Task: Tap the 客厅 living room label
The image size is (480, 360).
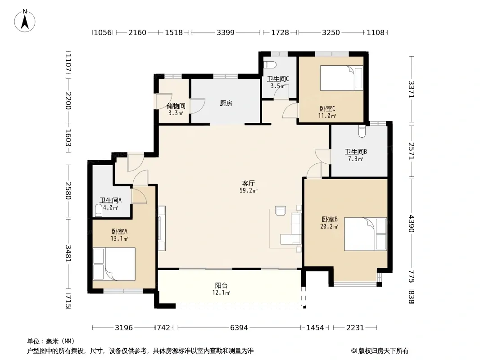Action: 248,184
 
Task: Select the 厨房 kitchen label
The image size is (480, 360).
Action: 226,103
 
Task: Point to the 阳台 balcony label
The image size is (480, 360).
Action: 221,286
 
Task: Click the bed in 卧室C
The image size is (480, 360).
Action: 342,78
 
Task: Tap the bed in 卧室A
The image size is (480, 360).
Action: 114,264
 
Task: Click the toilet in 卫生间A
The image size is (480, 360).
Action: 99,211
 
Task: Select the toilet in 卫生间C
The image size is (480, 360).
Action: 270,65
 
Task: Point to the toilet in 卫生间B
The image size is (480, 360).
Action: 362,131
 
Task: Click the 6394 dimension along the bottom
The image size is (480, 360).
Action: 239,328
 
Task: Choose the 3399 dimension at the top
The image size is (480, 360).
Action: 226,32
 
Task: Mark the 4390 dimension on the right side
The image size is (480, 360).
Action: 412,224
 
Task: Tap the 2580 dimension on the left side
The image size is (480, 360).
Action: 68,190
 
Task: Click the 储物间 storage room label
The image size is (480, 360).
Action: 176,106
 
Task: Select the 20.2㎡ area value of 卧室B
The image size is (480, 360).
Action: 329,227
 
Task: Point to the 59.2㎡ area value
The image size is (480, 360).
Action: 248,190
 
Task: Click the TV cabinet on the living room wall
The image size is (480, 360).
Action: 162,228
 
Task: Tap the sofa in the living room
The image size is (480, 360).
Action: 292,228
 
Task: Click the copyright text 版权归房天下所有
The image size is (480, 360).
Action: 383,351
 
